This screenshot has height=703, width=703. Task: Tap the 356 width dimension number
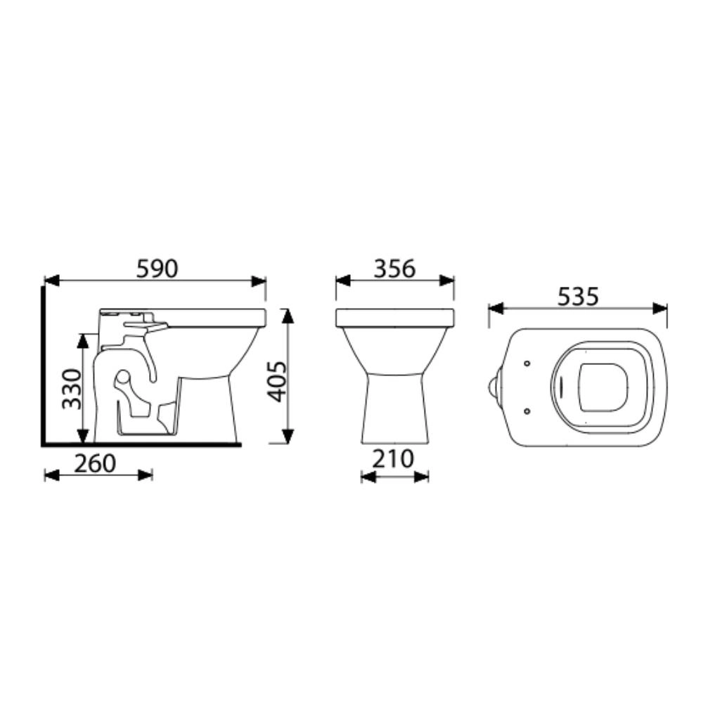coord(395,269)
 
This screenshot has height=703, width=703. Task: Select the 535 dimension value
coord(578,297)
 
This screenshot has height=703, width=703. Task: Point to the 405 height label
coord(276,381)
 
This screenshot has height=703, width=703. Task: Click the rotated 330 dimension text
coord(72,389)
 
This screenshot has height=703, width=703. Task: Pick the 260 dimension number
coord(95,463)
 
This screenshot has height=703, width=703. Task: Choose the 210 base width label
coord(393,458)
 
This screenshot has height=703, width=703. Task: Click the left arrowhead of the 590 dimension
coord(52,281)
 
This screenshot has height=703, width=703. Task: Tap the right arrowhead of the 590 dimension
coord(259,281)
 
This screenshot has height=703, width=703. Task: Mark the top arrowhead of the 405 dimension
coord(288,316)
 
